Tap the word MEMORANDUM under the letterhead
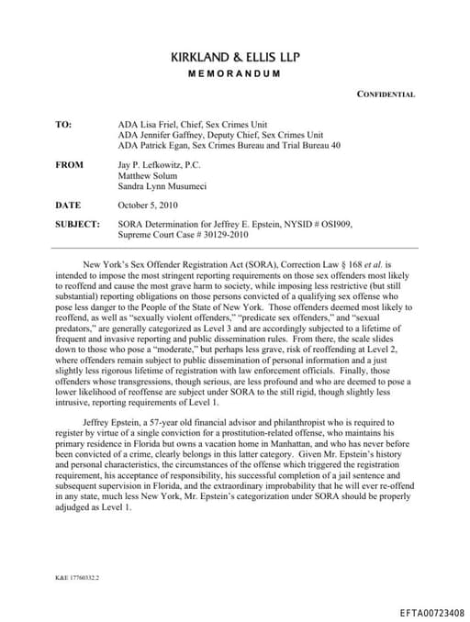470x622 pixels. pyautogui.click(x=235, y=73)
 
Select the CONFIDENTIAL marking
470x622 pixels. pyautogui.click(x=386, y=94)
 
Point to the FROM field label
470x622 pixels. pyautogui.click(x=69, y=165)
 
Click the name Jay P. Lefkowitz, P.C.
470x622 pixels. pyautogui.click(x=160, y=165)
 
